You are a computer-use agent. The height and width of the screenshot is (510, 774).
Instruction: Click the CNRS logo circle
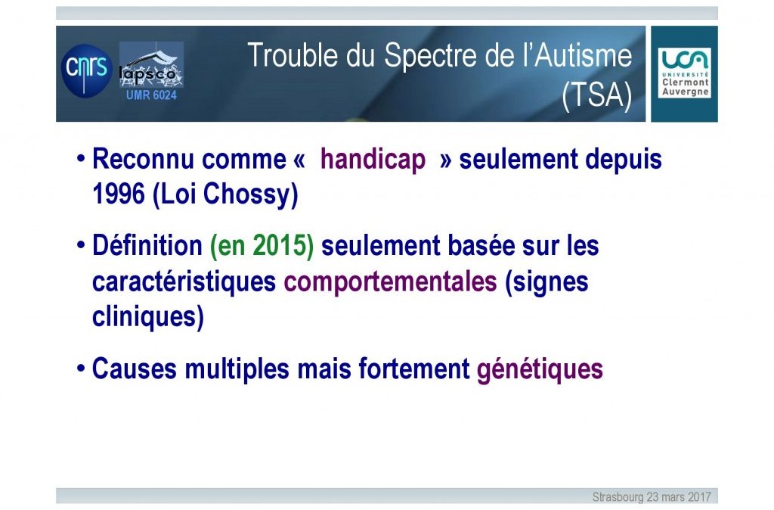click(86, 70)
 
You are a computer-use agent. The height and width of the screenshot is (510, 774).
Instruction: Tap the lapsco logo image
click(151, 65)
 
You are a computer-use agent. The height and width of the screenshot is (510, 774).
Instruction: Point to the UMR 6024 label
click(151, 95)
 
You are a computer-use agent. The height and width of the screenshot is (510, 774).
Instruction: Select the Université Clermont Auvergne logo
click(684, 73)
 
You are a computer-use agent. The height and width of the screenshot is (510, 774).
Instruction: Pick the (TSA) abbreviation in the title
click(597, 95)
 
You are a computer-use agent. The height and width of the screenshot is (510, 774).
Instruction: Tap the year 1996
click(119, 193)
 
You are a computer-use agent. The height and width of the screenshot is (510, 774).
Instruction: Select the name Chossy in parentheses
click(250, 194)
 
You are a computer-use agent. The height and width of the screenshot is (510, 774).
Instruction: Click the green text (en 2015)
click(262, 246)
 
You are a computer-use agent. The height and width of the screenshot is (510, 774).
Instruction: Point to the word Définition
click(147, 245)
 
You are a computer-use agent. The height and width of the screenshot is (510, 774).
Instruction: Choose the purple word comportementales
click(391, 282)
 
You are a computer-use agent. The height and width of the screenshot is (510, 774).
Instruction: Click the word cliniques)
click(148, 316)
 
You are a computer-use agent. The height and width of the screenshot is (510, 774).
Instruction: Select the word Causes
click(135, 369)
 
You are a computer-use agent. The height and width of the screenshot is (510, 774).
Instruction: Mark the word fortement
click(413, 369)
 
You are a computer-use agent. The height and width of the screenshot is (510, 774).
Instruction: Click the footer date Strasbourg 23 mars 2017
click(652, 496)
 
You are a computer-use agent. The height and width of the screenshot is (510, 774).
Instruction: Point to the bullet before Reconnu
click(80, 159)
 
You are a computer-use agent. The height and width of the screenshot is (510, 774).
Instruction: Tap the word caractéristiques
click(184, 282)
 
